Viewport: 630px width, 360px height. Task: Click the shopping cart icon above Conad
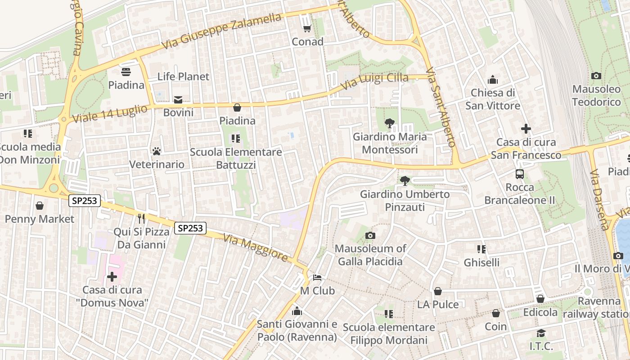click(x=307, y=29)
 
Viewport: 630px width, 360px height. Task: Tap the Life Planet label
click(x=183, y=76)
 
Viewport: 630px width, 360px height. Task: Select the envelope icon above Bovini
click(x=178, y=99)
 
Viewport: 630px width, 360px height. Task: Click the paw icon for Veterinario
click(x=157, y=151)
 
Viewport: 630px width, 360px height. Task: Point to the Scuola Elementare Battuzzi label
click(x=236, y=158)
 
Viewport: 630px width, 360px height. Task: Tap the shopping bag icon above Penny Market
click(x=40, y=206)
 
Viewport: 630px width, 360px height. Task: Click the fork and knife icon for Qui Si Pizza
click(x=141, y=219)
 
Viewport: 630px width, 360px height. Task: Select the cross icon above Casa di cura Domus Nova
click(x=112, y=276)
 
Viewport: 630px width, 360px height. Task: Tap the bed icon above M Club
click(x=317, y=278)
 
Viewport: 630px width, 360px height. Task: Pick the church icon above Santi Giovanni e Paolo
click(x=297, y=311)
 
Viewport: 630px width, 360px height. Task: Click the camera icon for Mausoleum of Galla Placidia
click(x=370, y=235)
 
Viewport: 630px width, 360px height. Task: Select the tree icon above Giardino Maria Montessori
click(x=389, y=123)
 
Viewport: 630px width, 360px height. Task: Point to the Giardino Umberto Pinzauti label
click(x=405, y=201)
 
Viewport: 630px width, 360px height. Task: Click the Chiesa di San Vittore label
click(x=492, y=99)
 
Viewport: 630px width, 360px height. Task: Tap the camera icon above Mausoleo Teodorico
click(x=596, y=76)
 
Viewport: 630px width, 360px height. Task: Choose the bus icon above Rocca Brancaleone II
click(x=520, y=174)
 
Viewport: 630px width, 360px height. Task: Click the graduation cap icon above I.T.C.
click(x=541, y=333)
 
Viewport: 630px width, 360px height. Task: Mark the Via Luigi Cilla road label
click(x=374, y=81)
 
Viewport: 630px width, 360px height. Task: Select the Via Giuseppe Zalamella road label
click(x=221, y=31)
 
